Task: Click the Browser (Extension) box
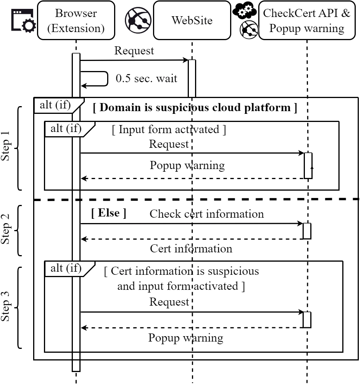point(76,20)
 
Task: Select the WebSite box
point(192,20)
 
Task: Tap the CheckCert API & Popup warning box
point(307,20)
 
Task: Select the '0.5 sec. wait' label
point(146,78)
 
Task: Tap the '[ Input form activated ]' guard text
point(169,129)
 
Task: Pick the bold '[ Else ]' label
point(109,213)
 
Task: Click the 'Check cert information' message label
point(207,213)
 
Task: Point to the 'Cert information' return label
point(191,248)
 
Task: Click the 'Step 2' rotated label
point(7,231)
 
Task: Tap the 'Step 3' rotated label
point(7,307)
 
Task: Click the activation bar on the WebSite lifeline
point(192,78)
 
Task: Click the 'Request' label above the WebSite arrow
point(134,51)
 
